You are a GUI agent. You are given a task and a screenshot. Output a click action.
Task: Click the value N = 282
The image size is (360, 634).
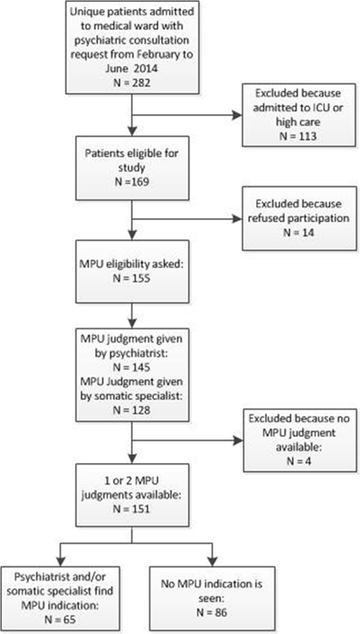point(132,83)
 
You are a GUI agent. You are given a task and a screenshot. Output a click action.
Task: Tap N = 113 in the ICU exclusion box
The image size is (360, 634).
point(298,136)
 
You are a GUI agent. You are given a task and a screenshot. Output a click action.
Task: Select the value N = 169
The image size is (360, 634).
point(132,182)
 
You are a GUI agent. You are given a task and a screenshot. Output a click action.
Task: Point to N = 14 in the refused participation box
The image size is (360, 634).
point(298,232)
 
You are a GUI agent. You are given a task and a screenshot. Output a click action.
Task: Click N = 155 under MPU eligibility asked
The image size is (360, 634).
point(132,278)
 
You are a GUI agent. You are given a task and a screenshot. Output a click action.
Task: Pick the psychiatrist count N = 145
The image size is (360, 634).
point(132,367)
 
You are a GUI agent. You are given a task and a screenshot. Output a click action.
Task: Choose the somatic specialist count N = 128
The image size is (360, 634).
point(132,410)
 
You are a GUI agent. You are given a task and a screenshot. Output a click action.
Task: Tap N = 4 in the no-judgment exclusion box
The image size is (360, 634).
point(298,461)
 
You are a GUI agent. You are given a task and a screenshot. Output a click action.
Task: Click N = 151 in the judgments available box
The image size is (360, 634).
point(132,509)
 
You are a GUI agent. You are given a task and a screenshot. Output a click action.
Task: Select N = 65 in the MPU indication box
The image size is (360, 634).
point(60,620)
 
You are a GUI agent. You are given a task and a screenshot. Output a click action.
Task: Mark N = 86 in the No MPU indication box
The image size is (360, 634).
point(212,612)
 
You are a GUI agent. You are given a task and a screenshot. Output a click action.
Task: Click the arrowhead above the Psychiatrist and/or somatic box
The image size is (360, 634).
point(60,561)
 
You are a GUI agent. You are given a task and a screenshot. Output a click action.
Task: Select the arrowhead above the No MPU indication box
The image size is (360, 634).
point(212,561)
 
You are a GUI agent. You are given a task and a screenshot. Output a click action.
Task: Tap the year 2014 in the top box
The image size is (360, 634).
point(146,68)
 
